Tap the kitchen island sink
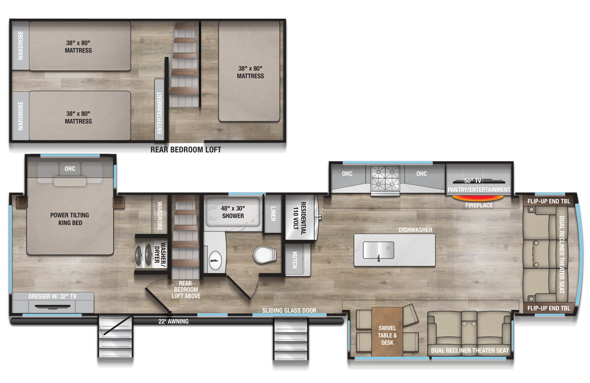pyautogui.click(x=378, y=250)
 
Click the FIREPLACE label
pyautogui.click(x=479, y=206)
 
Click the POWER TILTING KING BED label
pyautogui.click(x=70, y=219)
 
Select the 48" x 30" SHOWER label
pyautogui.click(x=233, y=212)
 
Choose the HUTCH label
pyautogui.click(x=294, y=259)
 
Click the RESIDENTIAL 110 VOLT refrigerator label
pyautogui.click(x=300, y=218)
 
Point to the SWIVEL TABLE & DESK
pyautogui.click(x=387, y=335)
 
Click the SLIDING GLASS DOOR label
pyautogui.click(x=289, y=311)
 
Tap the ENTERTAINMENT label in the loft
pyautogui.click(x=160, y=113)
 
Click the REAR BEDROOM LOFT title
pyautogui.click(x=186, y=150)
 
